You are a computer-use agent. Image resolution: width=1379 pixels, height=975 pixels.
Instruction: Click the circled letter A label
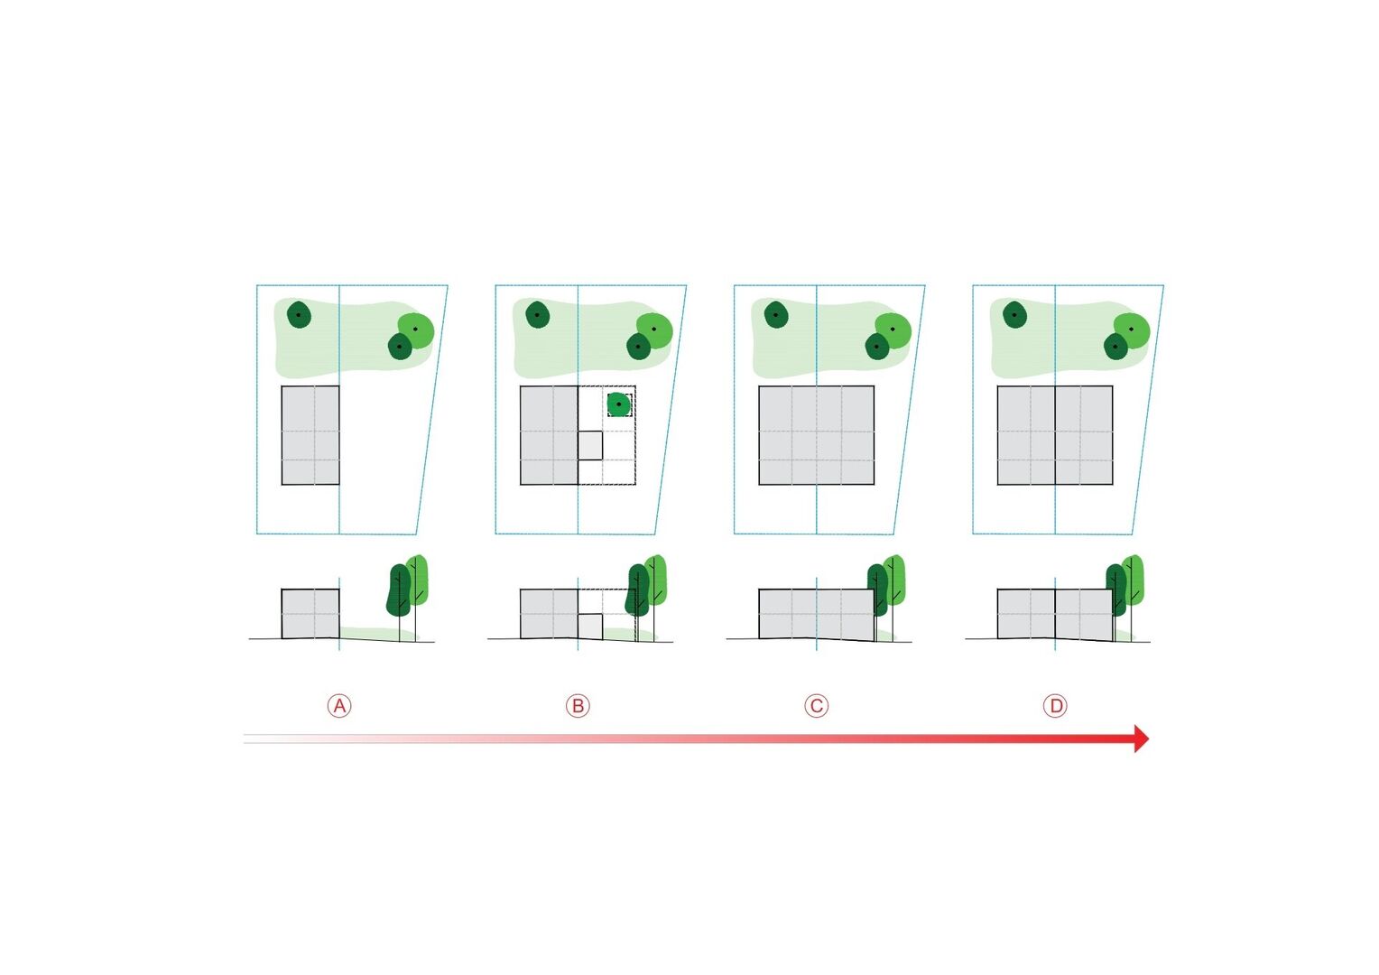(x=339, y=706)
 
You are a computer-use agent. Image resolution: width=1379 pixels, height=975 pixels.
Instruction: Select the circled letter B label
(x=578, y=706)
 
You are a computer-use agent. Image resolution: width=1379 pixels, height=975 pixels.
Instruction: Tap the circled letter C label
(x=817, y=706)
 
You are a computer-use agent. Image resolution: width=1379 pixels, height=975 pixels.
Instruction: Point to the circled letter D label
(x=1055, y=706)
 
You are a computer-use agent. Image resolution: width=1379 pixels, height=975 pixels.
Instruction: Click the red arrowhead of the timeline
(x=1141, y=738)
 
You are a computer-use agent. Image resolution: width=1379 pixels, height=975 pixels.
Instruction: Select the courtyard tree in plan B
(x=619, y=404)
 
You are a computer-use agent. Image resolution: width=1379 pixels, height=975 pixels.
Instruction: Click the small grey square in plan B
(x=589, y=445)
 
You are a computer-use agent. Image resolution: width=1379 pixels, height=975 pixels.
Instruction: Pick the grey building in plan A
(x=310, y=435)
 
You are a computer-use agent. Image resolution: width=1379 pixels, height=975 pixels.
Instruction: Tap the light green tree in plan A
(x=417, y=330)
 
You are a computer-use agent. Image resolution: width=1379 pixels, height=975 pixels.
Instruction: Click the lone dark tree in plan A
(x=300, y=315)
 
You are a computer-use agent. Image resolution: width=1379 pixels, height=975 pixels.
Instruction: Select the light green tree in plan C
(x=893, y=330)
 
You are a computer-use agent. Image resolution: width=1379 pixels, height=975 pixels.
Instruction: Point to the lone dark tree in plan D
(x=1014, y=314)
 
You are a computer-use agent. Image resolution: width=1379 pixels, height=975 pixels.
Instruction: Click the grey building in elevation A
(x=310, y=614)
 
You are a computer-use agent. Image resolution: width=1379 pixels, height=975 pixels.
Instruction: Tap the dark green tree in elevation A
(x=398, y=590)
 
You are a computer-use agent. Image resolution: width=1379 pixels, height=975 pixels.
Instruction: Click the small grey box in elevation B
(x=589, y=627)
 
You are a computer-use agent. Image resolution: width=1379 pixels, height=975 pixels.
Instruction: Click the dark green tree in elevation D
(x=1115, y=590)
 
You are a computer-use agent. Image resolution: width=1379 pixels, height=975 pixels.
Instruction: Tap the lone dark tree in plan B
(x=538, y=314)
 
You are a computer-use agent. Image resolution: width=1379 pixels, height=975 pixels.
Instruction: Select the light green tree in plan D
(x=1132, y=330)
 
